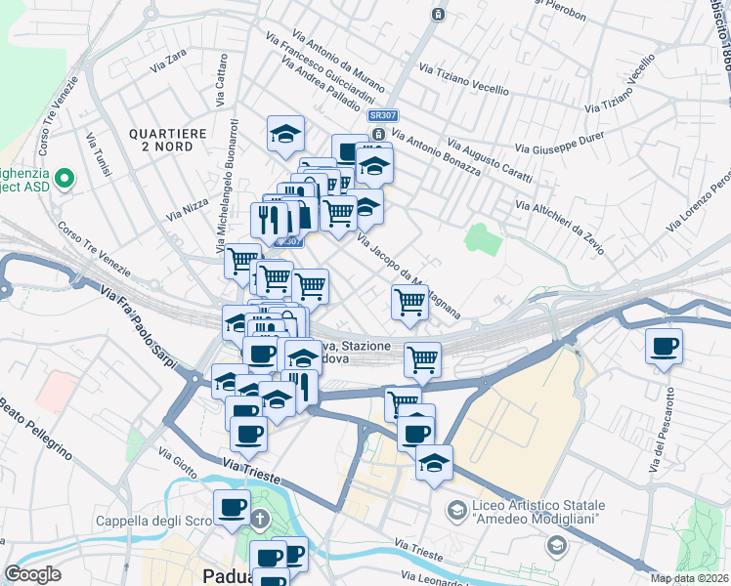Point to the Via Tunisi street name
(98, 157)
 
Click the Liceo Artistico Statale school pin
(456, 509)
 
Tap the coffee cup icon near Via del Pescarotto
(664, 347)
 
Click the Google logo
(33, 574)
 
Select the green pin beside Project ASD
(64, 178)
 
